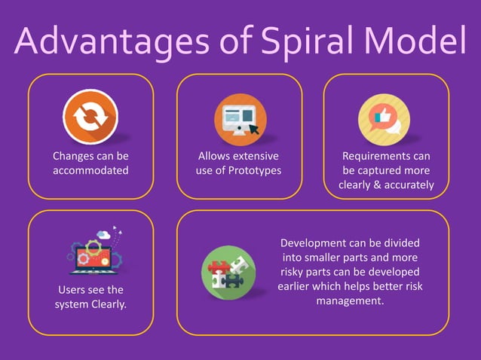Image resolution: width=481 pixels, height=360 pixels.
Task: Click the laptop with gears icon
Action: [x=91, y=254]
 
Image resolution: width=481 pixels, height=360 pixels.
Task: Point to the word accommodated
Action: [x=90, y=170]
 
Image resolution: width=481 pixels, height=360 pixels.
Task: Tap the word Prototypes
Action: [x=254, y=170]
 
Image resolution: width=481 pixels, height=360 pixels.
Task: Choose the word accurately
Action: [x=408, y=185]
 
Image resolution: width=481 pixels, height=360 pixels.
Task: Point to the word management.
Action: [x=350, y=301]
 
